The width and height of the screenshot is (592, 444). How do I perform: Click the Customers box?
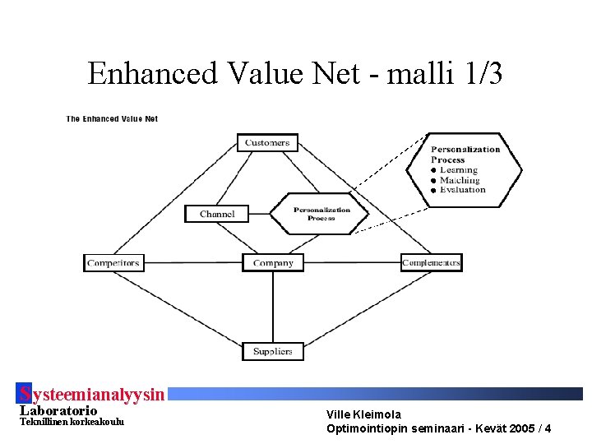pos(267,142)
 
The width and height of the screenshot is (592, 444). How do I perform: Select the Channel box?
pos(217,214)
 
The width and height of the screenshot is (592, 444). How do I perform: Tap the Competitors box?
pos(113,263)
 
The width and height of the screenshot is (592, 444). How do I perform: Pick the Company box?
pos(273,263)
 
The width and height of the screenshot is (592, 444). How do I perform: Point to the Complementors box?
pos(431,263)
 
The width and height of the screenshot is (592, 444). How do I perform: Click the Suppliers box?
pos(273,351)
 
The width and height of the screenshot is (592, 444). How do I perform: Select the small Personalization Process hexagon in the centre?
pos(321,214)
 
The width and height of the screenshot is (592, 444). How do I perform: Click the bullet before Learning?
pos(433,170)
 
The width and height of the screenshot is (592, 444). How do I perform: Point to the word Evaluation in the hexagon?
pos(462,190)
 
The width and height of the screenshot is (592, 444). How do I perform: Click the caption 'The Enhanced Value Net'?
pos(112,118)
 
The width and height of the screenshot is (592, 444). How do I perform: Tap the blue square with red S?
pos(25,393)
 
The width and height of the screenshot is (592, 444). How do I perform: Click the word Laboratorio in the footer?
pos(58,410)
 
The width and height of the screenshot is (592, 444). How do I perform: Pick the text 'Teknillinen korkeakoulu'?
pos(72,422)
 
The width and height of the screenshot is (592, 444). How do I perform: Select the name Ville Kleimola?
pos(363,414)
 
